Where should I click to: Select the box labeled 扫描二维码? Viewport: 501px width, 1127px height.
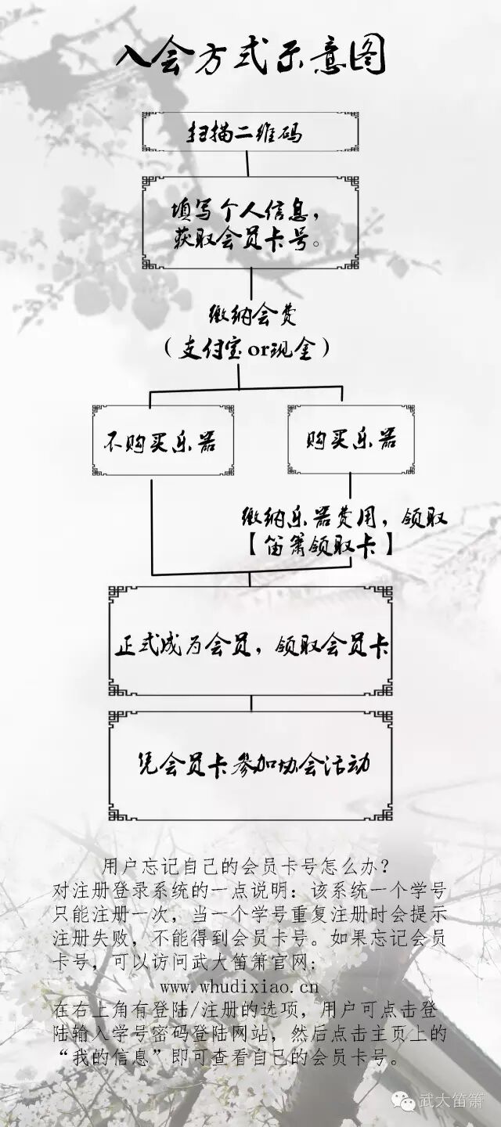pyautogui.click(x=250, y=132)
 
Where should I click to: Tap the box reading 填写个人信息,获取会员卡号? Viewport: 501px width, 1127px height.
pyautogui.click(x=250, y=223)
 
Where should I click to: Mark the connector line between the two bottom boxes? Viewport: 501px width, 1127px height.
pyautogui.click(x=250, y=703)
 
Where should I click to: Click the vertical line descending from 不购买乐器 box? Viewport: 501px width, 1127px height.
pyautogui.click(x=152, y=524)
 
